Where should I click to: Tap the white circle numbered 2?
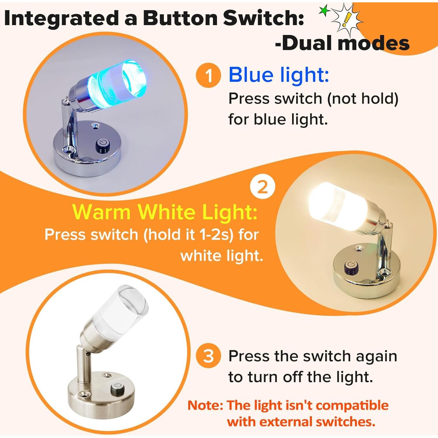[263, 187]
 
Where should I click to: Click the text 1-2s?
[216, 234]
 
